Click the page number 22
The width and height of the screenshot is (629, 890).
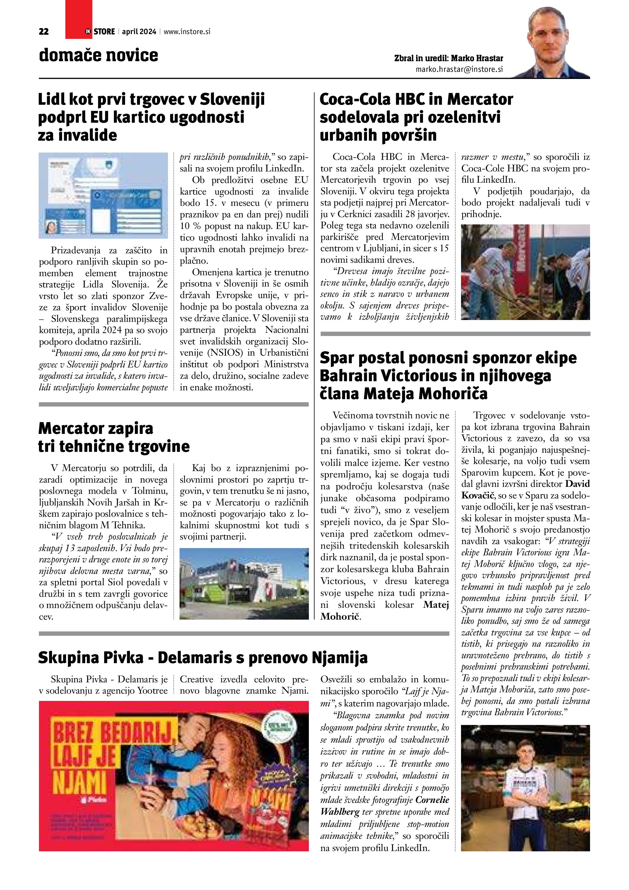click(44, 32)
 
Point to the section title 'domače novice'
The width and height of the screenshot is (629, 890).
click(98, 55)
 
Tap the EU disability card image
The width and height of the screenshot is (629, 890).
click(103, 195)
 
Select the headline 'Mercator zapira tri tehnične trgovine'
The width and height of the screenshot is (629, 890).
click(114, 437)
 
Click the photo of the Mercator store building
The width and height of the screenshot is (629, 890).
click(244, 583)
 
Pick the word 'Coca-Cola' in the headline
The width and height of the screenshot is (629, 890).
click(355, 100)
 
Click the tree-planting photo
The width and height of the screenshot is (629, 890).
click(525, 272)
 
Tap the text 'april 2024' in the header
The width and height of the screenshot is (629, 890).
click(139, 32)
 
